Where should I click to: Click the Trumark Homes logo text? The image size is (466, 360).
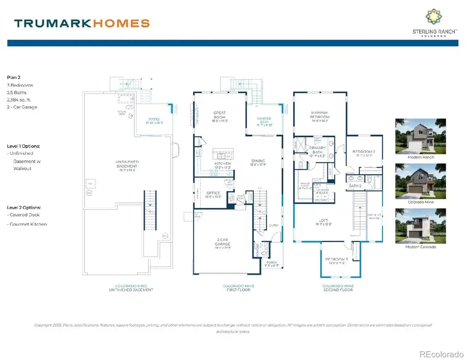pos(82,23)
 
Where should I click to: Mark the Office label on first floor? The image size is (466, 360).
pos(213,194)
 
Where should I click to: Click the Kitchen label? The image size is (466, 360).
pos(222,164)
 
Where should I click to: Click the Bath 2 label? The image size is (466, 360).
pos(355,185)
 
